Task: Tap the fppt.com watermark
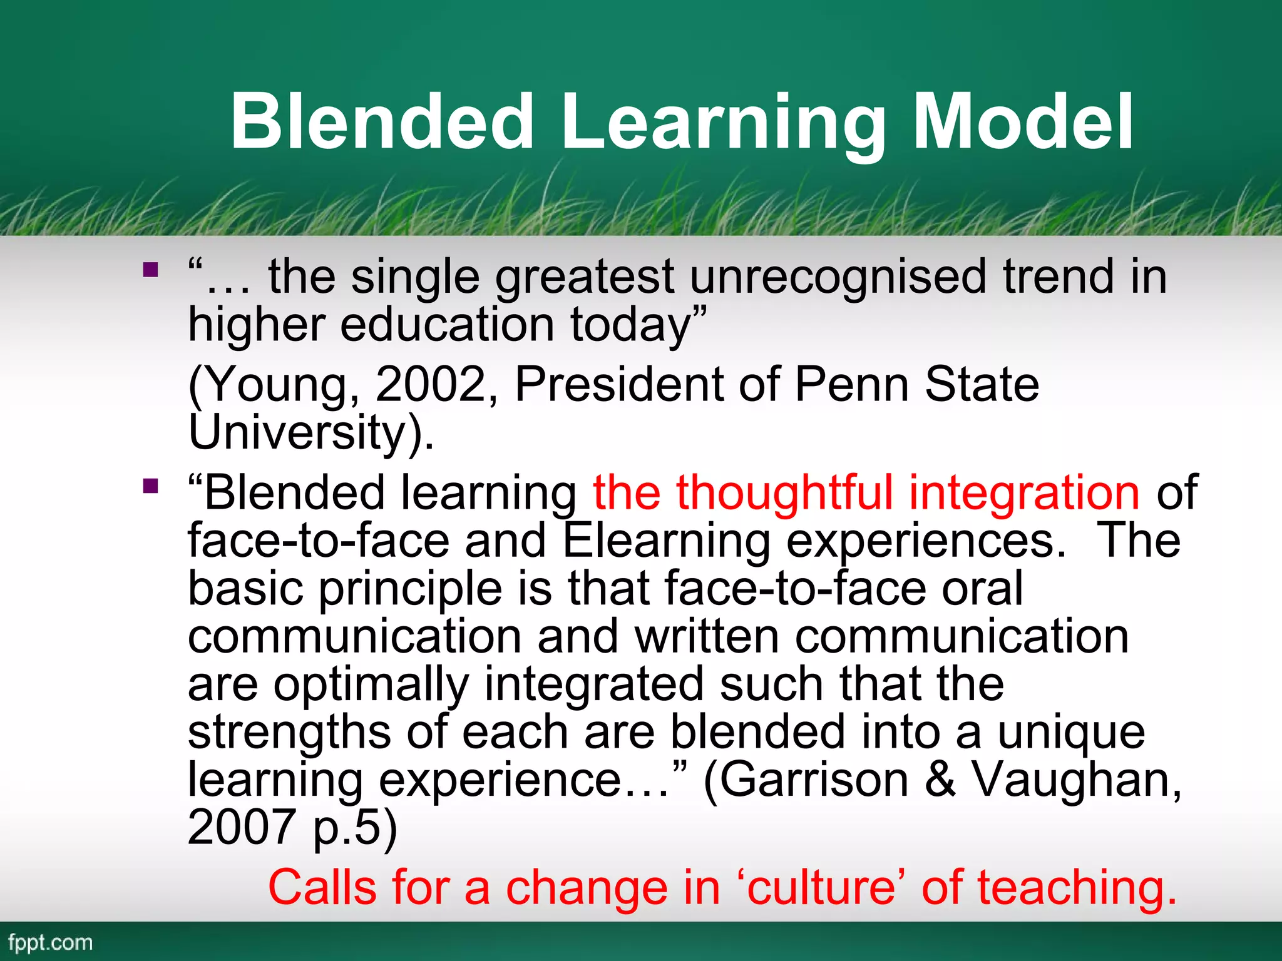tap(50, 943)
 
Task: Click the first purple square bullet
tap(150, 270)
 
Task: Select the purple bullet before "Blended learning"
tap(150, 486)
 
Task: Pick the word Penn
tap(851, 384)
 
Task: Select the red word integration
tap(1024, 493)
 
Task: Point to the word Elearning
tap(666, 541)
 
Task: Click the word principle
tap(411, 589)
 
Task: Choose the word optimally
tap(371, 684)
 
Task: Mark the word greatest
tap(585, 277)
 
